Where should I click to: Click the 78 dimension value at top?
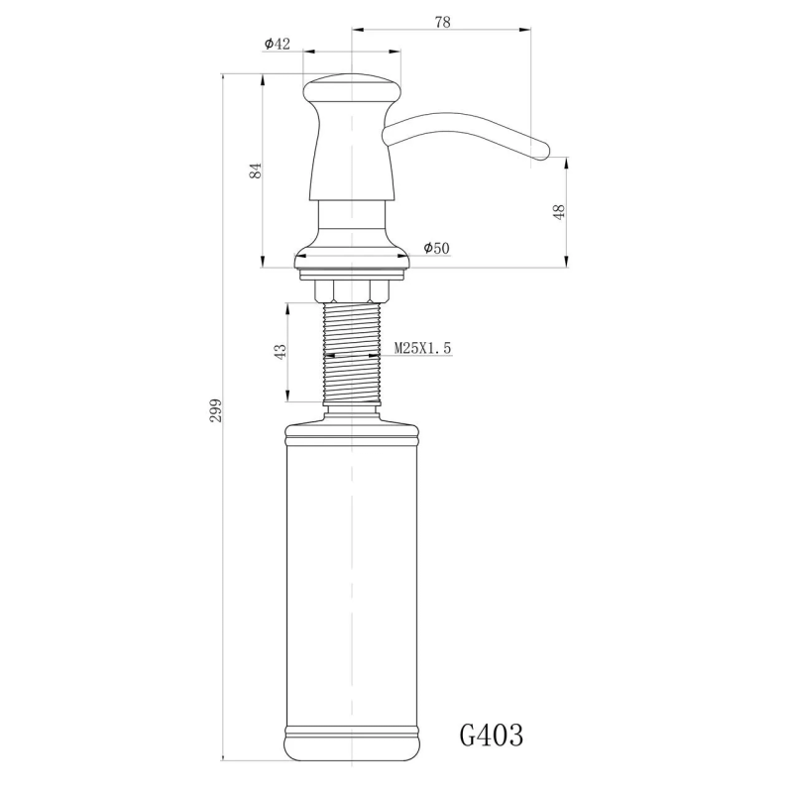click(x=442, y=23)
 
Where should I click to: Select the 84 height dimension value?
click(x=256, y=170)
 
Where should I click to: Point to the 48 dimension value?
click(x=559, y=211)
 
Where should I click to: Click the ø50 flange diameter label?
click(x=436, y=248)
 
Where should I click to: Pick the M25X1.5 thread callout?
click(x=423, y=348)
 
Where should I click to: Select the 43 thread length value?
click(x=281, y=351)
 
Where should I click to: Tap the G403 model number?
click(x=492, y=735)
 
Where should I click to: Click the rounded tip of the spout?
click(x=541, y=150)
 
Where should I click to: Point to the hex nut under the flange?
click(x=352, y=289)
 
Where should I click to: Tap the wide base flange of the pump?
click(x=352, y=262)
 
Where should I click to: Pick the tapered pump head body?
click(x=352, y=149)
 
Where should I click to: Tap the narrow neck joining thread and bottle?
click(x=352, y=407)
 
